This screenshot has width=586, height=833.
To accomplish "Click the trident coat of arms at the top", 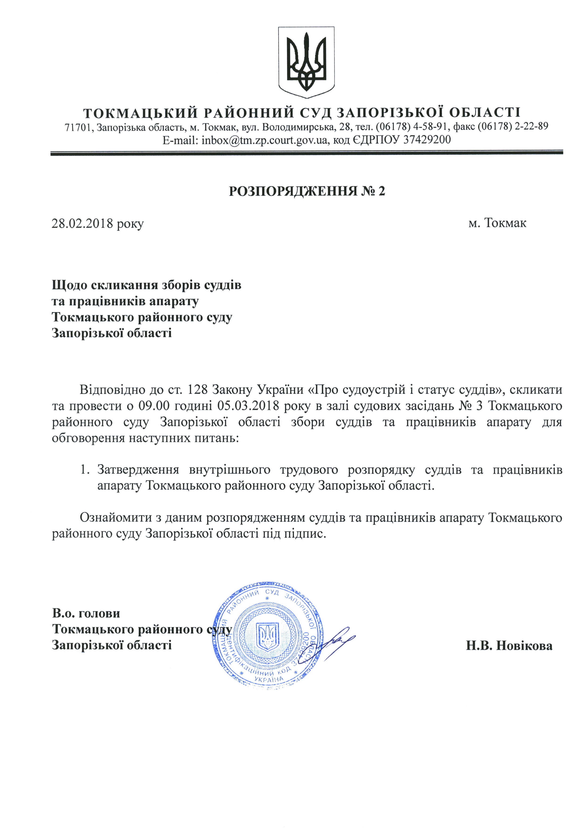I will coord(306,62).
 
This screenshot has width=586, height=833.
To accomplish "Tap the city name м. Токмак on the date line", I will coord(497,223).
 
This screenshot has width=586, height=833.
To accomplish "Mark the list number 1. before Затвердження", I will coord(85,470).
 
